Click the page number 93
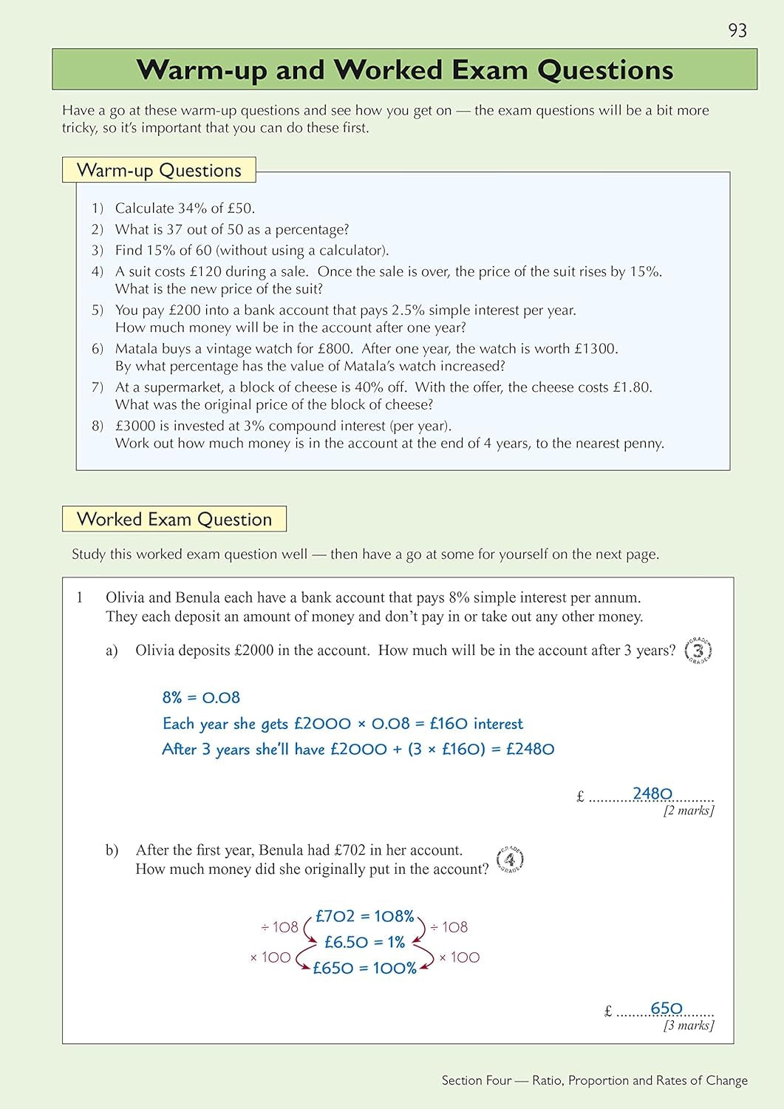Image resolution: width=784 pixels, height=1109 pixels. (x=737, y=30)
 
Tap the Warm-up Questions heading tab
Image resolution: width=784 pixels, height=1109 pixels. (x=159, y=170)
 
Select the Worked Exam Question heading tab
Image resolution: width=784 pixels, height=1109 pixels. (x=174, y=519)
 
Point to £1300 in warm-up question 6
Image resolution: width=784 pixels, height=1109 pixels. (x=596, y=348)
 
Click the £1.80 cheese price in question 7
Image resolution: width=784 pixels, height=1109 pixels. (x=632, y=387)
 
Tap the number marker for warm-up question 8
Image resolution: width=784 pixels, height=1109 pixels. (x=98, y=426)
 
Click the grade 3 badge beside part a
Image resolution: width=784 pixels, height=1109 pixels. (x=698, y=651)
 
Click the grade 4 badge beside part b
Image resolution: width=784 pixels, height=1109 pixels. (x=510, y=859)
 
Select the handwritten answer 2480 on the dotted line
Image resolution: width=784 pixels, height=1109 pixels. (x=652, y=793)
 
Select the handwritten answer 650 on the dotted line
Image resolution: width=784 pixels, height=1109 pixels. (x=667, y=1008)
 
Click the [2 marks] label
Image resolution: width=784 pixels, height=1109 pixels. (x=689, y=810)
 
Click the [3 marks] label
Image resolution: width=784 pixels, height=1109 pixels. (x=689, y=1025)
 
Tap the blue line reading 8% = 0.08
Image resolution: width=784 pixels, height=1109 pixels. (x=201, y=697)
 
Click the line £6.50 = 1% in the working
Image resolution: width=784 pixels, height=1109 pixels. (x=365, y=942)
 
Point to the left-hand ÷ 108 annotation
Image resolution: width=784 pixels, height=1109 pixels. (x=279, y=927)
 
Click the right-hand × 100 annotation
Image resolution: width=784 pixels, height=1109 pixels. (x=459, y=957)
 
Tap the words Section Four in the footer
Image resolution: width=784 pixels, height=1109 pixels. (x=477, y=1080)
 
